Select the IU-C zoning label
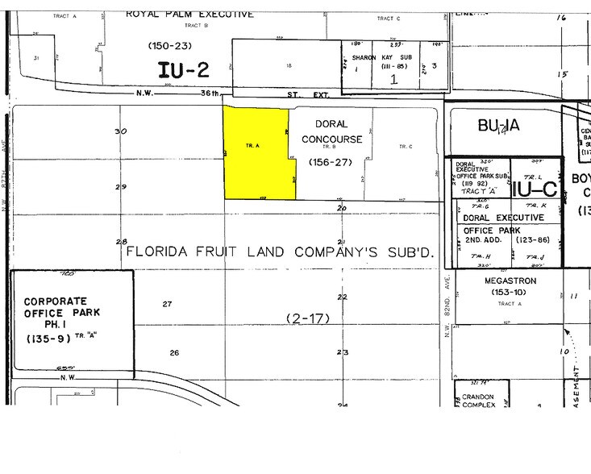pyautogui.click(x=533, y=190)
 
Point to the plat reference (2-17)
pyautogui.click(x=308, y=318)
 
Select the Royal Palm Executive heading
pyautogui.click(x=190, y=14)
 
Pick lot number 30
pyautogui.click(x=121, y=131)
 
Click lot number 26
pyautogui.click(x=174, y=352)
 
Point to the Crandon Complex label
pyautogui.click(x=481, y=403)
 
